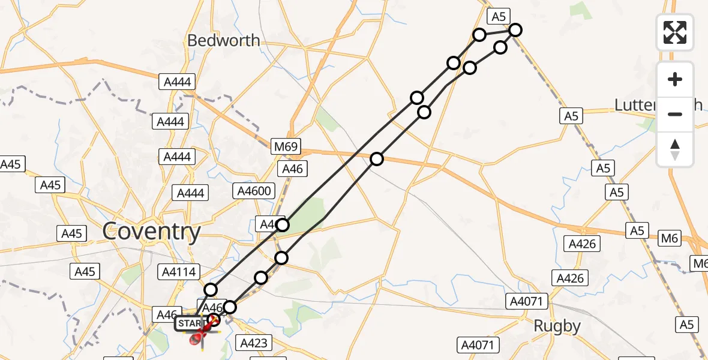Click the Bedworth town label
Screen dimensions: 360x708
224,41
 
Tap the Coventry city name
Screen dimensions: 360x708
152,232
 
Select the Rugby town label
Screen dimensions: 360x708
558,326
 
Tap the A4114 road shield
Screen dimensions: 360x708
178,272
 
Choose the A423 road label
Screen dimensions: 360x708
254,343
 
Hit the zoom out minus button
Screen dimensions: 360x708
675,114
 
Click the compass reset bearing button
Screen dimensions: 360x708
675,149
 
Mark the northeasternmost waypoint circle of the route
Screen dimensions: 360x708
515,30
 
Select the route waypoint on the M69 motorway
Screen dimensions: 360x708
377,159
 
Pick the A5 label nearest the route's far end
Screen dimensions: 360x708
499,16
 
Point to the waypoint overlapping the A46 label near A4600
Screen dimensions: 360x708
283,225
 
